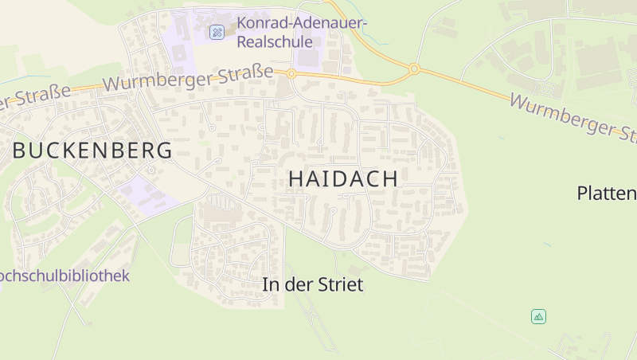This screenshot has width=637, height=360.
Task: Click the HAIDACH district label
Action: [342, 179]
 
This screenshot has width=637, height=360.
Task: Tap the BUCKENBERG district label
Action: [92, 150]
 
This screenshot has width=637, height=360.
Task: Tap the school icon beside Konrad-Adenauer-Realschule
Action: [217, 32]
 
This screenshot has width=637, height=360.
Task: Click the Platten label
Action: [607, 193]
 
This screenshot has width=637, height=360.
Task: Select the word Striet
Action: [338, 284]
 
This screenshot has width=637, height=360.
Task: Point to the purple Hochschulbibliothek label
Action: [64, 276]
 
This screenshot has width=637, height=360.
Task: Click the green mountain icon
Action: [538, 316]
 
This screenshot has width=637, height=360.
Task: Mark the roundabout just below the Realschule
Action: [292, 74]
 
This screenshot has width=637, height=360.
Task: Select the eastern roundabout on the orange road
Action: [414, 69]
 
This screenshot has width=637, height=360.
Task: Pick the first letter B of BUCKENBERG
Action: [19, 150]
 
